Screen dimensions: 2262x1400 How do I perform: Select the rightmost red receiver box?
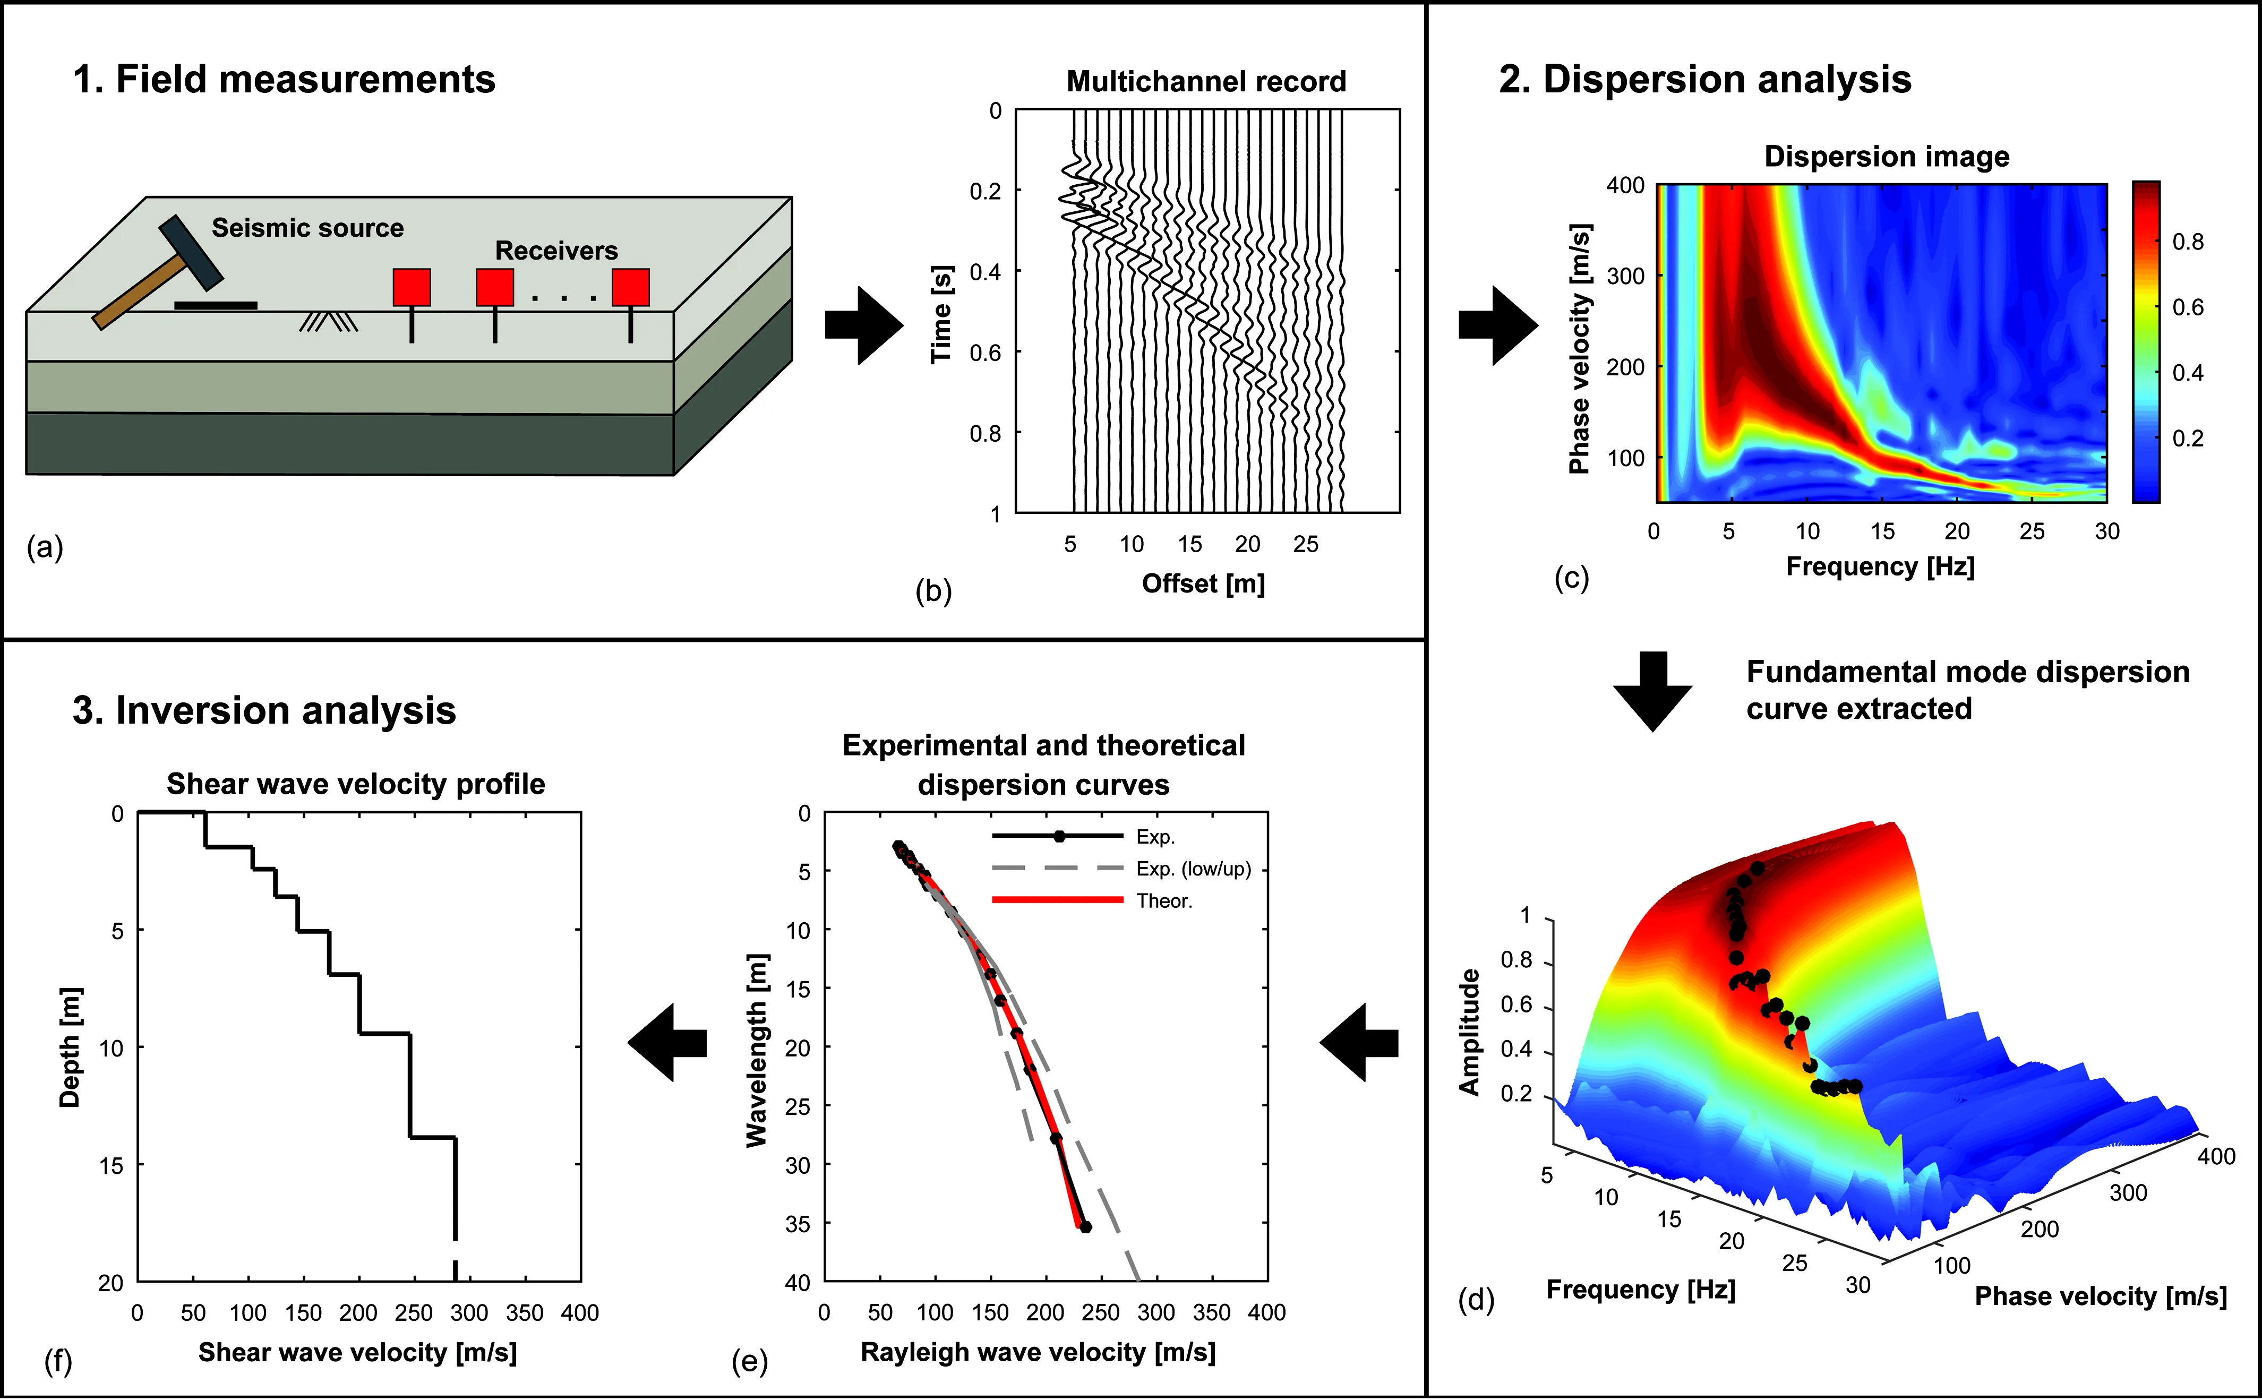click(x=630, y=287)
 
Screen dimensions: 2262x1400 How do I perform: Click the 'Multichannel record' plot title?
click(x=1206, y=81)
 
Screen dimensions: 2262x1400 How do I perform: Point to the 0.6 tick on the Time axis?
click(x=985, y=352)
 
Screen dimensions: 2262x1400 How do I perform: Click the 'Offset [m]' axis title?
click(x=1203, y=583)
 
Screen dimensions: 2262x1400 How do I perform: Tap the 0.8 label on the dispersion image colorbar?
click(x=2188, y=242)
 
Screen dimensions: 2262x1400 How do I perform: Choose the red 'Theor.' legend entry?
click(x=1093, y=900)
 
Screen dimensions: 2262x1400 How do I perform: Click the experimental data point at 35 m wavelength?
click(x=1085, y=1227)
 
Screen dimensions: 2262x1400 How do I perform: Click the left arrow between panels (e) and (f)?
click(x=667, y=1043)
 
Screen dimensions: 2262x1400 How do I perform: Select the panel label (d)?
click(x=1476, y=1300)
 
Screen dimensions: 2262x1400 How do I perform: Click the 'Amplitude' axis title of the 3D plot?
click(x=1469, y=1032)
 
